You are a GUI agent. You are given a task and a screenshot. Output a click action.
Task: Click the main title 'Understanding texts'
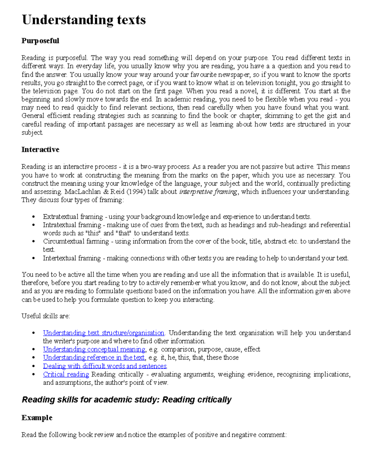pos(83,20)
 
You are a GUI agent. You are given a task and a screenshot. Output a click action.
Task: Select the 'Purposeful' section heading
pos(40,41)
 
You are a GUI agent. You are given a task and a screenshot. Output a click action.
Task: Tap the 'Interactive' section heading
pos(40,150)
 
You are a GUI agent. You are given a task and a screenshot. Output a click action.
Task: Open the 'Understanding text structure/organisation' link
pos(103,333)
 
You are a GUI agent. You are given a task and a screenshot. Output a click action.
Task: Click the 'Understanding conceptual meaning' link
pos(94,349)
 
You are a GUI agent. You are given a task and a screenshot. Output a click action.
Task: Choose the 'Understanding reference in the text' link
pos(94,358)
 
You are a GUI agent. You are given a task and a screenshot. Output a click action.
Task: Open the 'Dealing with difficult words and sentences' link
pos(105,366)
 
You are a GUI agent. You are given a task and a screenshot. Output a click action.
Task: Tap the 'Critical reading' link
pos(66,374)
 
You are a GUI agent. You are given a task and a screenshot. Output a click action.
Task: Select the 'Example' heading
pos(37,418)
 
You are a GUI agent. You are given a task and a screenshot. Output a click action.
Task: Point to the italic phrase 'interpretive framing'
pos(208,192)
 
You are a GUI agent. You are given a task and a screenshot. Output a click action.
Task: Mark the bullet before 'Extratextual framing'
pos(33,217)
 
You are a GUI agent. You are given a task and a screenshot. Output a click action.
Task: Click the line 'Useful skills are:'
pos(46,316)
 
